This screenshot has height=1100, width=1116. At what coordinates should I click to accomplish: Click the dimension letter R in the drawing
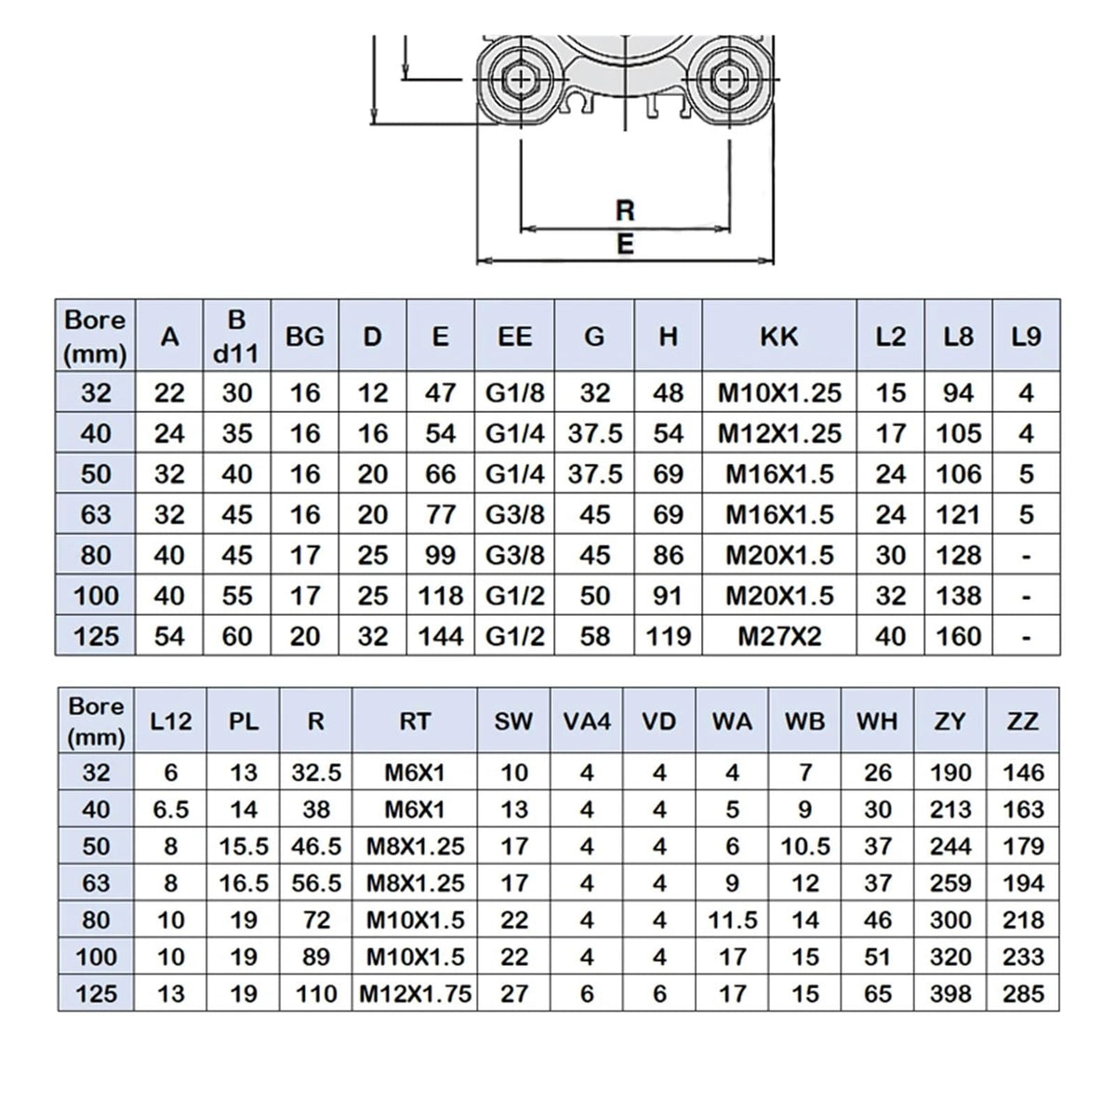[625, 210]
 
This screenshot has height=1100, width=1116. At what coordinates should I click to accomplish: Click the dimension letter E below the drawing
[625, 245]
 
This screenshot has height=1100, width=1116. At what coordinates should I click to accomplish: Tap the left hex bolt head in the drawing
[520, 79]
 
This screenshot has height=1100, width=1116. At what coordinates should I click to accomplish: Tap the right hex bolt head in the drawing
[729, 79]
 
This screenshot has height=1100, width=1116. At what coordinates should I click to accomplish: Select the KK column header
[779, 337]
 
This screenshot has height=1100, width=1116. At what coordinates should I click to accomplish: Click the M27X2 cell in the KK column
[779, 637]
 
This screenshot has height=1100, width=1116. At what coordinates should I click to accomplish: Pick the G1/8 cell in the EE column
[515, 393]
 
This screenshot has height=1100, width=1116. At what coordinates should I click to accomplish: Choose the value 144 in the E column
[440, 637]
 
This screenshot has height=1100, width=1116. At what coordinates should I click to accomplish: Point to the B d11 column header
[236, 337]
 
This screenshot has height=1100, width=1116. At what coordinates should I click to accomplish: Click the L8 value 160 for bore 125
[959, 637]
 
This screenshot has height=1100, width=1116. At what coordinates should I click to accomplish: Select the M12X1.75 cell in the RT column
[415, 994]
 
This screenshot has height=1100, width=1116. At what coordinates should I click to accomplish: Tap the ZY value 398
[950, 994]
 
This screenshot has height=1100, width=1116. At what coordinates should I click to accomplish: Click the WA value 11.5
[733, 920]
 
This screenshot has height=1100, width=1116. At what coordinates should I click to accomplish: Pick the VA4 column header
[587, 722]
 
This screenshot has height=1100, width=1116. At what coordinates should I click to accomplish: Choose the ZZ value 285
[1023, 994]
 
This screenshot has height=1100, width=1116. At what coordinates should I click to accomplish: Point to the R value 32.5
[316, 773]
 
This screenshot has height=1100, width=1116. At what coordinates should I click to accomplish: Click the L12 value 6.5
[171, 809]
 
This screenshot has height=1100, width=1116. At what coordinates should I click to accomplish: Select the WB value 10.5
[805, 846]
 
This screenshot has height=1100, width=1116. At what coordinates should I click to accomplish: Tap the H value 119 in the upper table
[669, 637]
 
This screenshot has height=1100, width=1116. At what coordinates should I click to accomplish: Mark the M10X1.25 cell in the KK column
[779, 393]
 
